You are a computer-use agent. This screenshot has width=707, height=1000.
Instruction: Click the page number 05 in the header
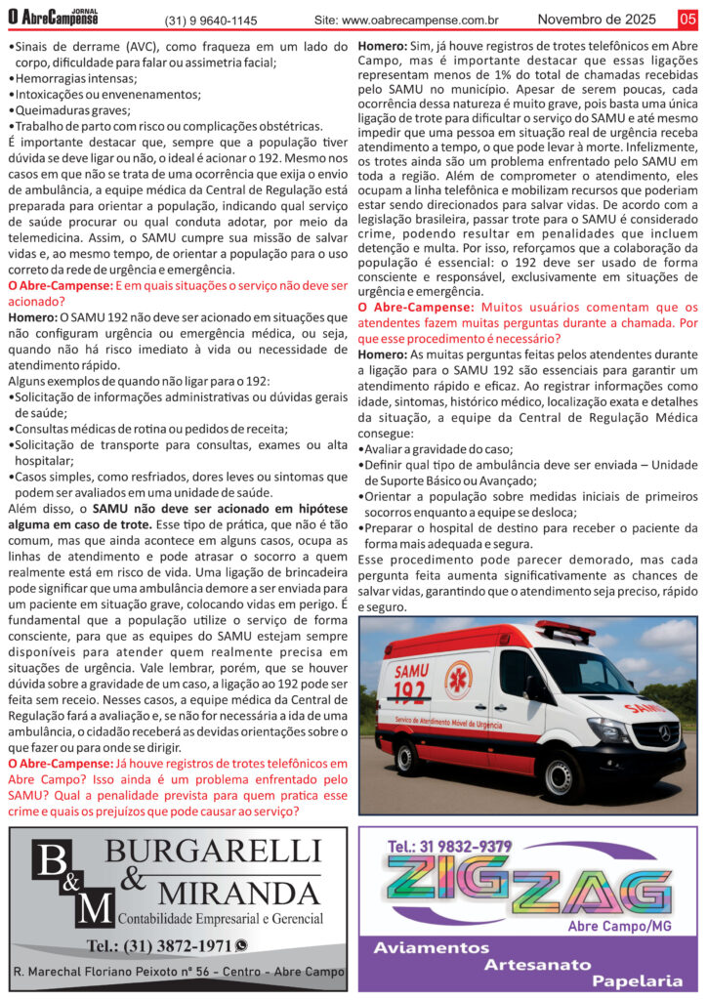point(687,18)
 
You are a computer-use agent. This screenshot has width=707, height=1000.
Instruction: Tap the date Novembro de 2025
point(598,19)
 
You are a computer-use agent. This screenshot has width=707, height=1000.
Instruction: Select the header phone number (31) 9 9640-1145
point(211,20)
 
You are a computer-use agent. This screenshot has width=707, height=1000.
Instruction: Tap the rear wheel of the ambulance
point(408,757)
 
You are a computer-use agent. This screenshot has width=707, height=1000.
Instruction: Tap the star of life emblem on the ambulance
point(458,680)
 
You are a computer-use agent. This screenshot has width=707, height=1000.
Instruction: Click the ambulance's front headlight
point(607,729)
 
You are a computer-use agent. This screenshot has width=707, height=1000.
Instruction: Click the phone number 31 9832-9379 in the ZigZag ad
point(450,846)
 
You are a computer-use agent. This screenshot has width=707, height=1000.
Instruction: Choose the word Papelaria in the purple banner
point(638,980)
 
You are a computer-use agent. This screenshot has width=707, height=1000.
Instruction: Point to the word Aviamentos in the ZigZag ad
point(431,948)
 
